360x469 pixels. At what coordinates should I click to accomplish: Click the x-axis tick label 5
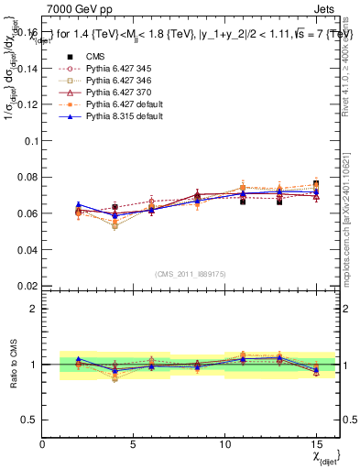click(x=134, y=445)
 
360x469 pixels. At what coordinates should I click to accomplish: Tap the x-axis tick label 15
click(x=315, y=445)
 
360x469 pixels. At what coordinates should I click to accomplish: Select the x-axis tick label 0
click(x=42, y=445)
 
